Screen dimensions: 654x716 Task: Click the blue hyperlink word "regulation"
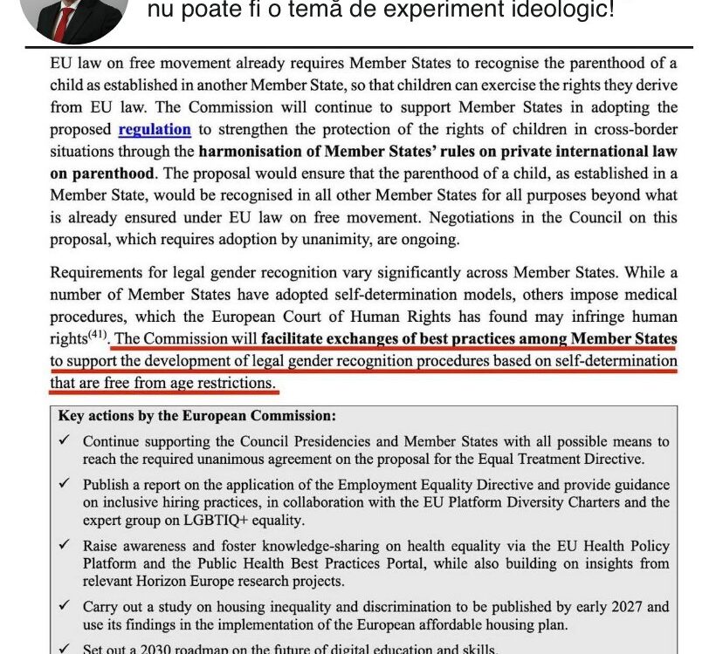(x=155, y=129)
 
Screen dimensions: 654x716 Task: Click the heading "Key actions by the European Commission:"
(x=196, y=416)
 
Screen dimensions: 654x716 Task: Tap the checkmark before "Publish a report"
(x=65, y=484)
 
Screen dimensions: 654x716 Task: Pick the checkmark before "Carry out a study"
(x=65, y=607)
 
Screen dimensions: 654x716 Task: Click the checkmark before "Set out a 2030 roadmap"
(x=65, y=647)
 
